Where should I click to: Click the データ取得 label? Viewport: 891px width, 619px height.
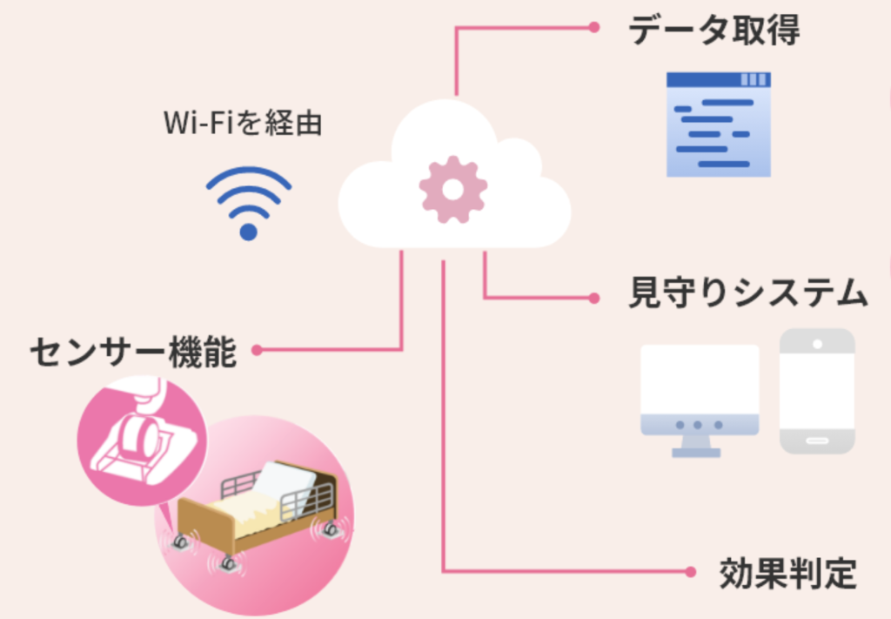713,32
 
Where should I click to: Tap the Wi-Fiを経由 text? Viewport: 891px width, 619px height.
243,124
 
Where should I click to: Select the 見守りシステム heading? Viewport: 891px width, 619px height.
747,293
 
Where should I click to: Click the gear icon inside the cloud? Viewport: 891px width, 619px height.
452,188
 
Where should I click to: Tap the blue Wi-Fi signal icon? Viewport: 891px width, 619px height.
249,202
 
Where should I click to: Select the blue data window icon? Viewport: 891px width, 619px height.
718,124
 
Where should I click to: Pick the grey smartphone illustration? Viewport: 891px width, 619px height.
817,391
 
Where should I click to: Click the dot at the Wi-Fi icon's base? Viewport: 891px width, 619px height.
249,232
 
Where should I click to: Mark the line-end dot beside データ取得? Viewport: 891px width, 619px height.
594,27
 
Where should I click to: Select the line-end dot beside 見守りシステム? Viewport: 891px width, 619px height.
594,298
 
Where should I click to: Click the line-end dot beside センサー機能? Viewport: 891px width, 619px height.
257,351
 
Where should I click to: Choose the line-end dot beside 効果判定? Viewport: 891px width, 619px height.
690,572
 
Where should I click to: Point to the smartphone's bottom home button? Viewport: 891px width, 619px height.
817,442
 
